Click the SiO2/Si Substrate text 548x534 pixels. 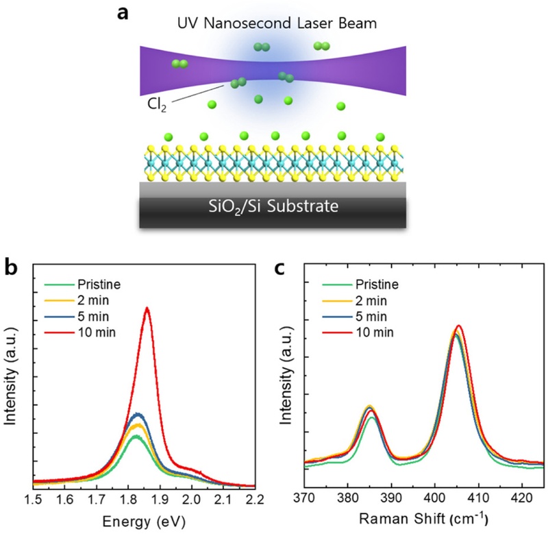click(x=273, y=206)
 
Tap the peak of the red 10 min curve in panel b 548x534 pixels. click(x=147, y=308)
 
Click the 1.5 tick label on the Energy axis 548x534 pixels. click(x=32, y=500)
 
